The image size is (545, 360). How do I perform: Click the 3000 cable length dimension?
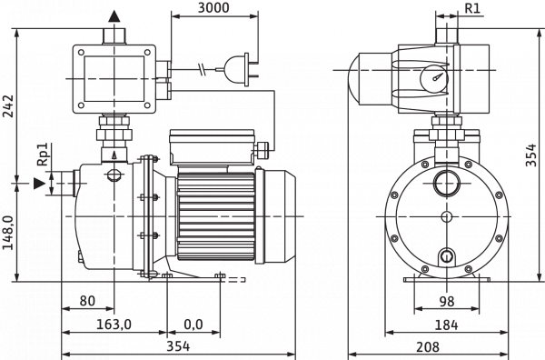[213, 8]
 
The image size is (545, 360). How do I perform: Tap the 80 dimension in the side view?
[88, 300]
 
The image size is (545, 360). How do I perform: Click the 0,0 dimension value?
[193, 324]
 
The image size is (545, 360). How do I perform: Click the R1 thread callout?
[473, 8]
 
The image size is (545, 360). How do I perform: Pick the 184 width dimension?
[445, 324]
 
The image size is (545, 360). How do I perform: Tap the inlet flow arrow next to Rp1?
[39, 184]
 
